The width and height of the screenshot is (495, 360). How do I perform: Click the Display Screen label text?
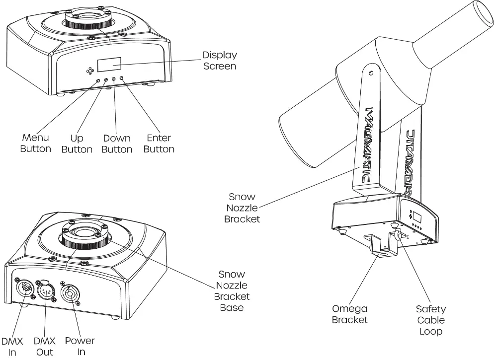220,60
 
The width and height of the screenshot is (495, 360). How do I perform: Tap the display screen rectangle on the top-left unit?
110,64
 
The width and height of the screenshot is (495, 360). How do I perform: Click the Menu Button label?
35,143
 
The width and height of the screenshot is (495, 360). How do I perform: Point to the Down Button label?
117,144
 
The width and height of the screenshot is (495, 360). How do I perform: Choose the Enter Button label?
159,143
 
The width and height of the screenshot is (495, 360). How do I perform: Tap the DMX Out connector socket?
46,291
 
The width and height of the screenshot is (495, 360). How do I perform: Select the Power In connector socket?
70,292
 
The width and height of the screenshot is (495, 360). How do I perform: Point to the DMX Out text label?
44,347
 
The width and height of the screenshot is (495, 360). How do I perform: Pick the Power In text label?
80,347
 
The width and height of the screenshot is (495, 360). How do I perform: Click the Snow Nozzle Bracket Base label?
232,291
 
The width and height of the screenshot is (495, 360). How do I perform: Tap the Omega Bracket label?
350,314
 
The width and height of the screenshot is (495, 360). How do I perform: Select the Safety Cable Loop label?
431,320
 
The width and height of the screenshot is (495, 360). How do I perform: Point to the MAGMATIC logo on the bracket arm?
370,144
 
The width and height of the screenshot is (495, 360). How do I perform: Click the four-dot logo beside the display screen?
90,71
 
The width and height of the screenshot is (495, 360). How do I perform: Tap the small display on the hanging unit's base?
417,216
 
